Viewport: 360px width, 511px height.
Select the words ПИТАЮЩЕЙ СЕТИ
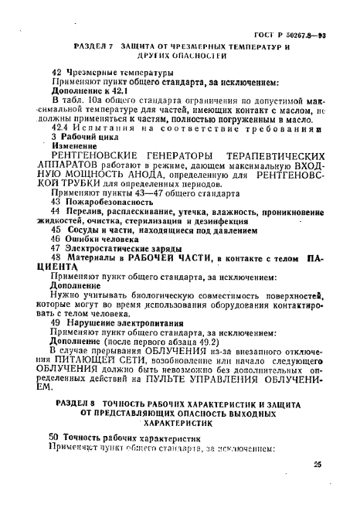94,362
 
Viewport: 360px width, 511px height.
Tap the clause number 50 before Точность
54,437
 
